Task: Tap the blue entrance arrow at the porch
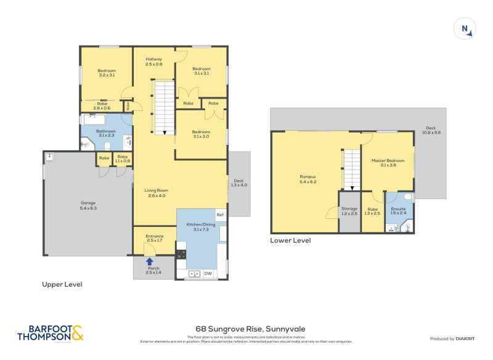coord(149,261)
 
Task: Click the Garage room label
coord(89,205)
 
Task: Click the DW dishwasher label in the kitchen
coord(208,273)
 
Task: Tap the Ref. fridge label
coord(220,215)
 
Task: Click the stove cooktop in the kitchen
coord(181,253)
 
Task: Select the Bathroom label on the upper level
coord(106,133)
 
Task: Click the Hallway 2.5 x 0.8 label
coord(153,62)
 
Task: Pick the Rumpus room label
coord(307,179)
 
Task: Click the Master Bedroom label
coord(388,163)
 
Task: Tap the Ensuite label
coord(398,211)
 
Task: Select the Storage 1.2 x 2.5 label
coord(349,211)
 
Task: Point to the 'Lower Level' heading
coord(290,240)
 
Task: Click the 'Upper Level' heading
coord(62,285)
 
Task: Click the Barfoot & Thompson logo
coord(49,333)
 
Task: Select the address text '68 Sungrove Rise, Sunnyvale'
coord(246,329)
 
